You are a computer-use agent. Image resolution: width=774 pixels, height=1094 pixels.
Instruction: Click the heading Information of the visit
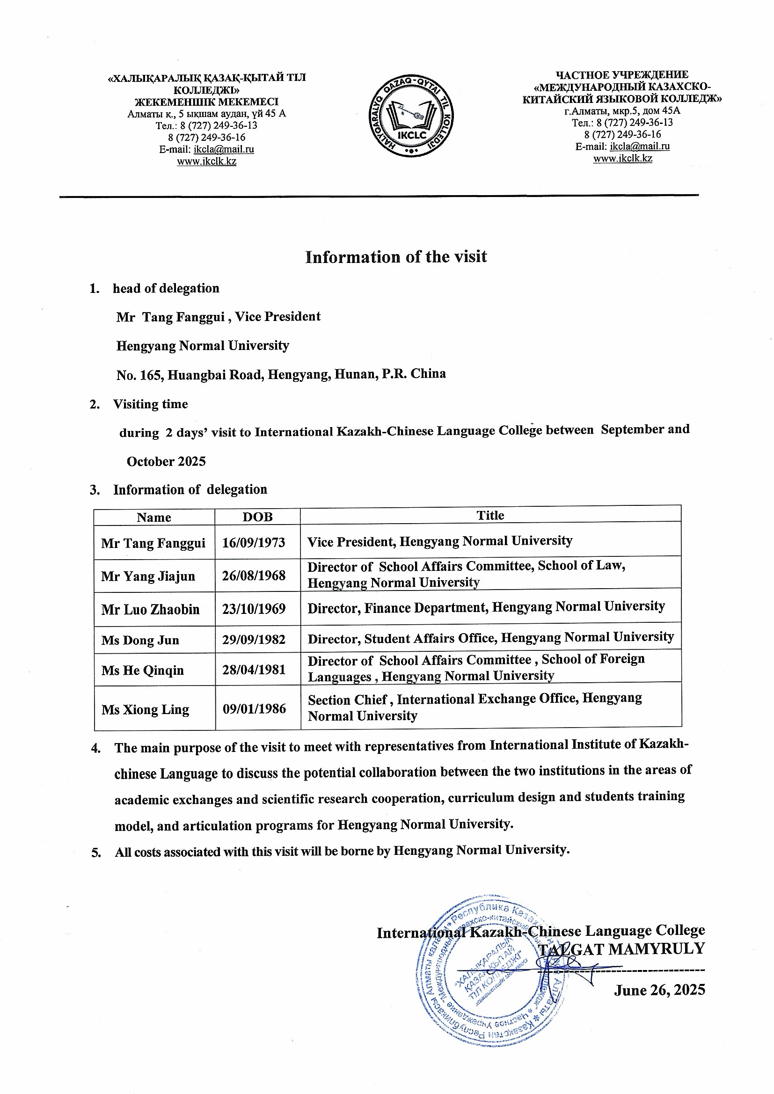tap(396, 257)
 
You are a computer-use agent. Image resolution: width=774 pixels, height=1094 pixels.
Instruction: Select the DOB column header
tap(257, 517)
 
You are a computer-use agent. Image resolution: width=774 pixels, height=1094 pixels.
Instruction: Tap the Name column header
tap(153, 518)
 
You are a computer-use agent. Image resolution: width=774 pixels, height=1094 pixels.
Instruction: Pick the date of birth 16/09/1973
tap(254, 543)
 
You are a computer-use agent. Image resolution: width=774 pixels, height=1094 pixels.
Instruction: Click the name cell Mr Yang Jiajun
tap(148, 576)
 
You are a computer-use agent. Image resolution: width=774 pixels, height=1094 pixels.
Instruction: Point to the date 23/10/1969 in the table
tap(254, 609)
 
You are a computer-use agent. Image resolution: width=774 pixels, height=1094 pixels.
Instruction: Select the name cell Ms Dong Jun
tap(140, 640)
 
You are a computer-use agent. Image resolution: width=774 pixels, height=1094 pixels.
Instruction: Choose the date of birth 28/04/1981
tap(254, 670)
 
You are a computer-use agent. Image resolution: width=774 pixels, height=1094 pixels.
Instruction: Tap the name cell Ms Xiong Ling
tap(146, 710)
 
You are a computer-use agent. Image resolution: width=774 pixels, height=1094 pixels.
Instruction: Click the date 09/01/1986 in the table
tap(254, 709)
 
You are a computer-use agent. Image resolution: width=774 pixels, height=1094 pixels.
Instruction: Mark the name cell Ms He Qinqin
tap(143, 671)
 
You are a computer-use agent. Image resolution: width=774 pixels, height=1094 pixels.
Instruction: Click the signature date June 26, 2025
tap(659, 990)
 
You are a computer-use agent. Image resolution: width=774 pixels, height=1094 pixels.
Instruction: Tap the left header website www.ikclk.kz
tap(206, 161)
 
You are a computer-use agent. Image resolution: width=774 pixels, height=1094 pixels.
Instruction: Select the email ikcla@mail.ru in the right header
tap(640, 146)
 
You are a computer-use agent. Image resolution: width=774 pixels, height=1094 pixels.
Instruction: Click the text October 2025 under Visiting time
tap(166, 461)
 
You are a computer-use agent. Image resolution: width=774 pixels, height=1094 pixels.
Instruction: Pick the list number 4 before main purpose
tap(96, 748)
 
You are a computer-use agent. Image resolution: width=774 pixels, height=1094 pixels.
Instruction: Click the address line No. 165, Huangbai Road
tap(281, 374)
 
